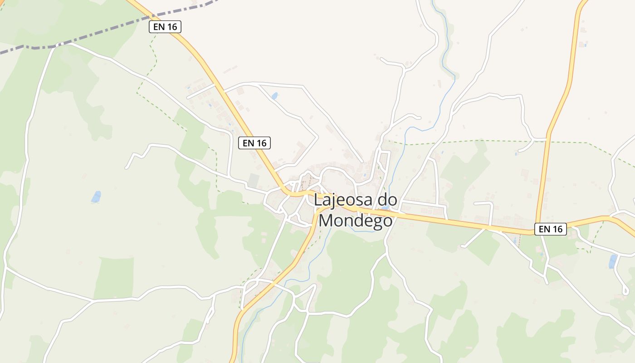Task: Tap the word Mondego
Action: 355,221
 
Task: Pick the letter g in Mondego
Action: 375,222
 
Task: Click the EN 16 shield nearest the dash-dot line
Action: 165,27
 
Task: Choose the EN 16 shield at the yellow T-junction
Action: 551,229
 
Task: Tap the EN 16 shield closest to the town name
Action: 254,143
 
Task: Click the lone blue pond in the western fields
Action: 96,197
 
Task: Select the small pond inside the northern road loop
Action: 274,96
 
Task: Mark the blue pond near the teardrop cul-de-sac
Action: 613,261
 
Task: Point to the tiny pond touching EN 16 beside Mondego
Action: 385,208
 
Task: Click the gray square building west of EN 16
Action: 253,181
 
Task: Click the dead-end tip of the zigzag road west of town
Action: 126,168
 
